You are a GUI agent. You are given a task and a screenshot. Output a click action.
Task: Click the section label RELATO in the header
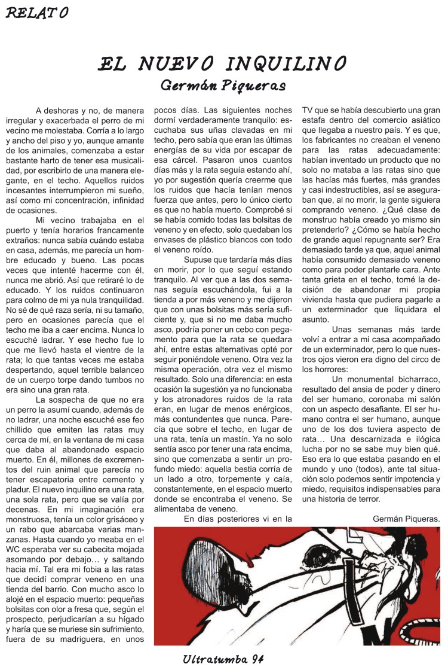37,13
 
